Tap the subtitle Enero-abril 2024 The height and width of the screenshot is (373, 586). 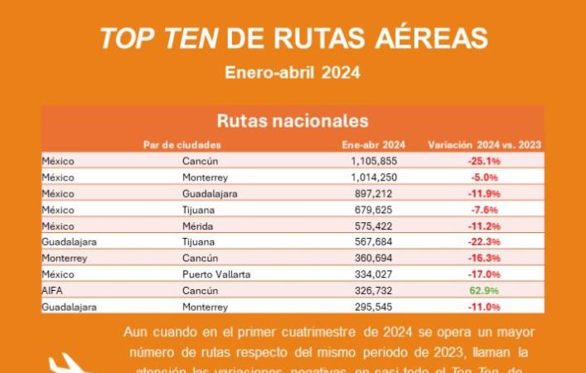tap(292, 73)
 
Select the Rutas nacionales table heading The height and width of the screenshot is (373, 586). tap(292, 120)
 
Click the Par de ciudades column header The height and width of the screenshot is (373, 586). tap(182, 144)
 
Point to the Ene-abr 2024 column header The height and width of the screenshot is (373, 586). tap(373, 144)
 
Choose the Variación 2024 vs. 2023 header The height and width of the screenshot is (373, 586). tap(484, 144)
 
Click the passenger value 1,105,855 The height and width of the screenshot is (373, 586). tap(374, 161)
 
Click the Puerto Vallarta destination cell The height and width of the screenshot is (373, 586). tap(216, 274)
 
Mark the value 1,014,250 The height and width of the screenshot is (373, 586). tap(374, 177)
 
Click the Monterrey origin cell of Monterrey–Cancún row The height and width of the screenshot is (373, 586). tap(64, 259)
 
